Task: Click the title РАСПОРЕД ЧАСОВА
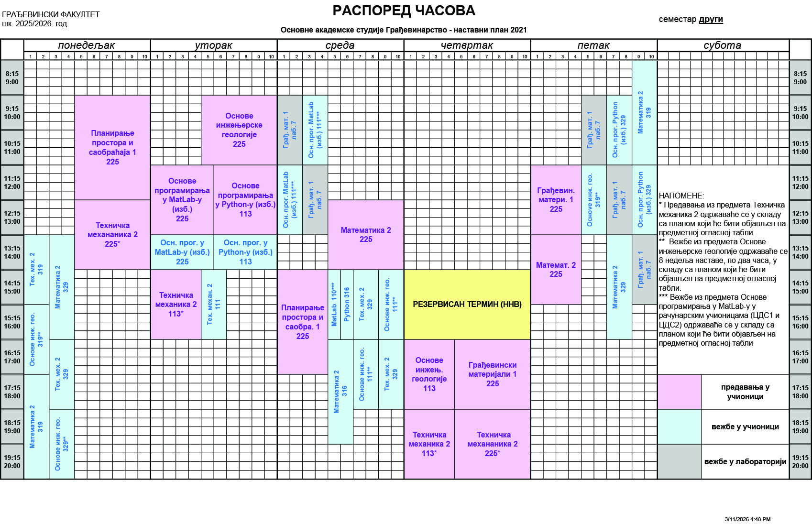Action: (x=404, y=11)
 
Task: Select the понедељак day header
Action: (x=87, y=45)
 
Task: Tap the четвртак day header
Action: (x=467, y=45)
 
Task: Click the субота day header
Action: (x=723, y=45)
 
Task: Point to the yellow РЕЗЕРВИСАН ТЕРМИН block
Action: (x=467, y=305)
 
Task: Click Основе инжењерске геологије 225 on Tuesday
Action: (x=239, y=130)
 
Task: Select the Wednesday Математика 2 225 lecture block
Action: (x=366, y=235)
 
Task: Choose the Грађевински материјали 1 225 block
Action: (x=492, y=374)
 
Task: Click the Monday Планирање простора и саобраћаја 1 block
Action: (x=112, y=147)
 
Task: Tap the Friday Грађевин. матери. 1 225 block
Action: (x=556, y=200)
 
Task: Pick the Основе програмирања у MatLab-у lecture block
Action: (x=182, y=200)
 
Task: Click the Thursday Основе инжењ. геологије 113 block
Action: (x=429, y=374)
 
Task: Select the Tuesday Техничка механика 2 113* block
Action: (x=176, y=305)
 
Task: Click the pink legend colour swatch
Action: (x=680, y=392)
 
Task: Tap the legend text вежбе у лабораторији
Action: (x=745, y=462)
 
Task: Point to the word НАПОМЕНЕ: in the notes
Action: (x=681, y=196)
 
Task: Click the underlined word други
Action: (x=711, y=19)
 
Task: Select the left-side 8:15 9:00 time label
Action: (x=12, y=78)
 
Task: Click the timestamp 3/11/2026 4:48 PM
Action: (x=747, y=519)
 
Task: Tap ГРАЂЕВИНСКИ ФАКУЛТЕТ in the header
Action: (x=51, y=14)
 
